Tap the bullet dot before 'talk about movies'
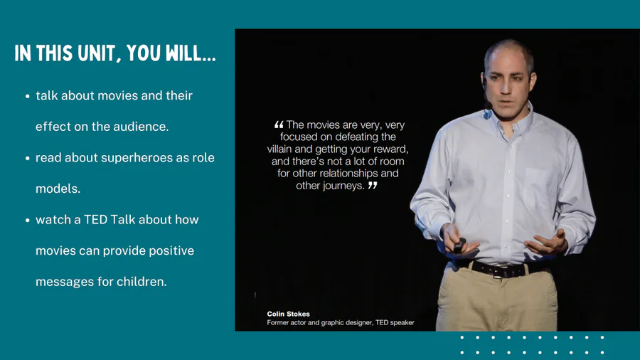(27, 96)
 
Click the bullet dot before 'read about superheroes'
(27, 159)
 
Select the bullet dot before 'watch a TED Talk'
(27, 221)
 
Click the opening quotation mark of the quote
(279, 125)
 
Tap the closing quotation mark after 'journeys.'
(372, 185)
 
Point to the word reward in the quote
(392, 149)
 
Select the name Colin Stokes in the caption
(288, 314)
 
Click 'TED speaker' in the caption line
(395, 322)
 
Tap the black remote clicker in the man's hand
(459, 245)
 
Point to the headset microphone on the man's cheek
(487, 106)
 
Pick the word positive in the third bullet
(171, 250)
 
